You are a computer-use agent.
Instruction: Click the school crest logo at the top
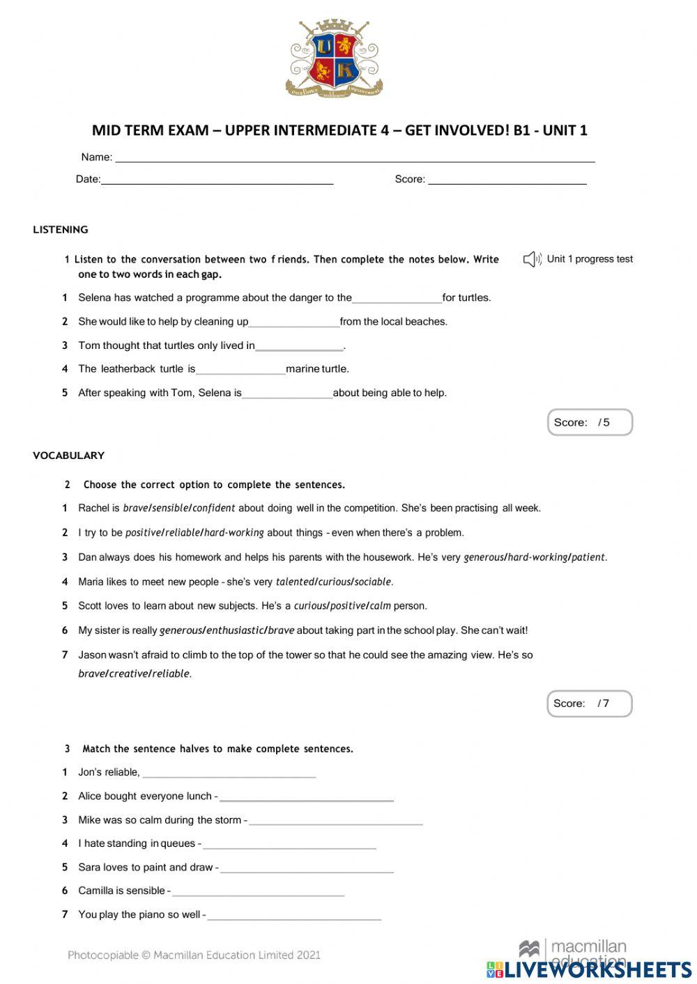[334, 59]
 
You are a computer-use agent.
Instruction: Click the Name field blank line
[355, 159]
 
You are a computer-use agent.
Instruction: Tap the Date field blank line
[217, 182]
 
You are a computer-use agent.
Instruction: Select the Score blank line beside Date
[507, 182]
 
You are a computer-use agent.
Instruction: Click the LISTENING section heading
[61, 230]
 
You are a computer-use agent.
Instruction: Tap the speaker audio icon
[532, 260]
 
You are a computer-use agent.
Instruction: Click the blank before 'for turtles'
[397, 301]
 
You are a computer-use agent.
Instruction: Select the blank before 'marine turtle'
[240, 372]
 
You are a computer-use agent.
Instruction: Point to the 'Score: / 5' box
[590, 423]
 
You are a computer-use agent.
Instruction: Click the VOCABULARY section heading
[68, 455]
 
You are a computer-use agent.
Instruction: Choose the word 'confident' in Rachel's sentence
[214, 508]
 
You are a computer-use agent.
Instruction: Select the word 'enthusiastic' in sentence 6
[235, 630]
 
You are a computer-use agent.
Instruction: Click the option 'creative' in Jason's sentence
[128, 673]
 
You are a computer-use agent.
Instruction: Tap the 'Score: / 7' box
[589, 703]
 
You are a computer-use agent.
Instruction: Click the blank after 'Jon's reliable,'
[229, 774]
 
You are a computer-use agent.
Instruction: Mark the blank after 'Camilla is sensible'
[258, 893]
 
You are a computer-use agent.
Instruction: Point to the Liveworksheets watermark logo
[589, 969]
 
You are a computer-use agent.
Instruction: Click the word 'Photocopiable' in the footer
[102, 955]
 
